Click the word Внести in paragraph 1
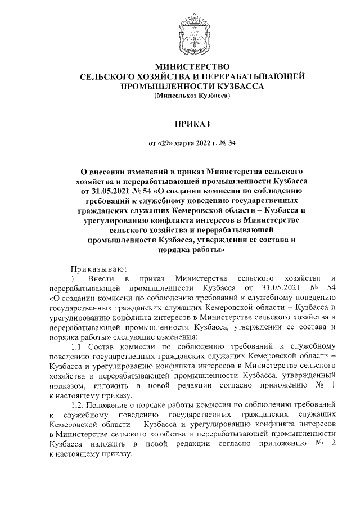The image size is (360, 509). pos(100,279)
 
